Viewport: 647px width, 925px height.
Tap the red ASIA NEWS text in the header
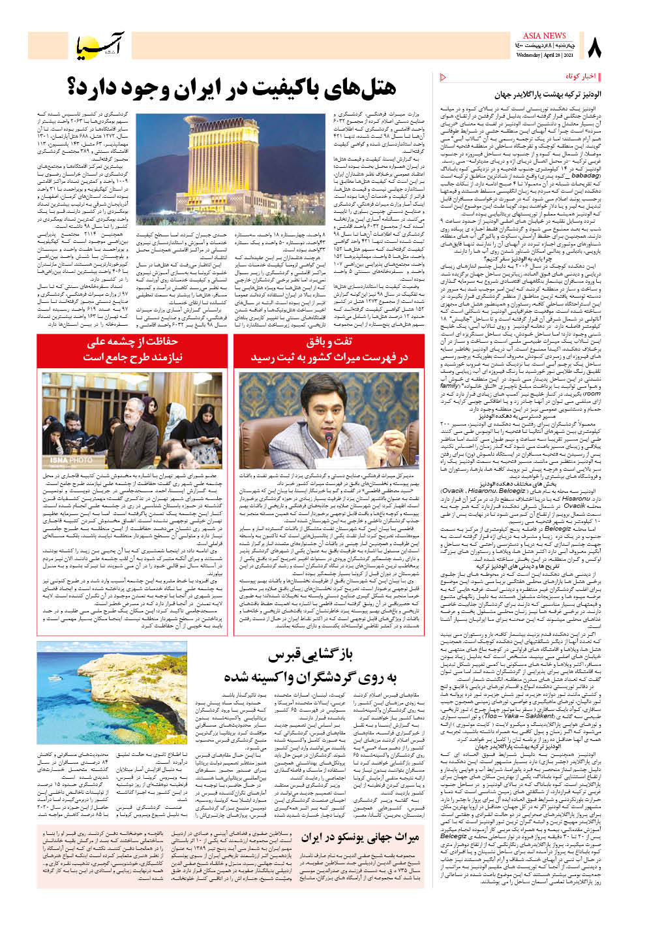tap(544, 36)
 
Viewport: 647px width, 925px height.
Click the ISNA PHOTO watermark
tap(67, 461)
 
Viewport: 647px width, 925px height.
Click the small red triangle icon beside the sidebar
tap(444, 77)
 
